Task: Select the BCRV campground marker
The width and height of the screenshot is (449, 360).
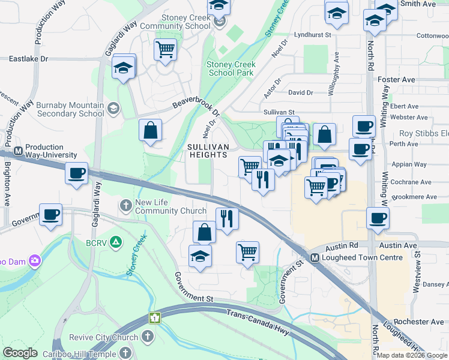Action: (x=116, y=242)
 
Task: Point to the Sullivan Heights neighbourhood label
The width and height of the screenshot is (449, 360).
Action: (x=207, y=150)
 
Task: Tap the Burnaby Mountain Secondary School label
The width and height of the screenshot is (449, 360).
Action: (x=70, y=109)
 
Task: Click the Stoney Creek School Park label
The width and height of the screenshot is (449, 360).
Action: (x=231, y=68)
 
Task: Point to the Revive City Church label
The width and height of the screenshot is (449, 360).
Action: (x=104, y=337)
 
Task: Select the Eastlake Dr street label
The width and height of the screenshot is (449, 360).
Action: (x=28, y=59)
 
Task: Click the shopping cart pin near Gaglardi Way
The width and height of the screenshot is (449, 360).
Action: (x=164, y=49)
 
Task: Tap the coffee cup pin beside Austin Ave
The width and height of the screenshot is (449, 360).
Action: (x=378, y=218)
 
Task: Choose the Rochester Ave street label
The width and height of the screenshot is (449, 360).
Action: (x=419, y=322)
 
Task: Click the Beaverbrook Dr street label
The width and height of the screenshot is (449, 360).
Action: (x=196, y=103)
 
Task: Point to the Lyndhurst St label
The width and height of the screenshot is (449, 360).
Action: (x=309, y=35)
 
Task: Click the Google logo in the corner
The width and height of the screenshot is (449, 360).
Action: (x=20, y=353)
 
